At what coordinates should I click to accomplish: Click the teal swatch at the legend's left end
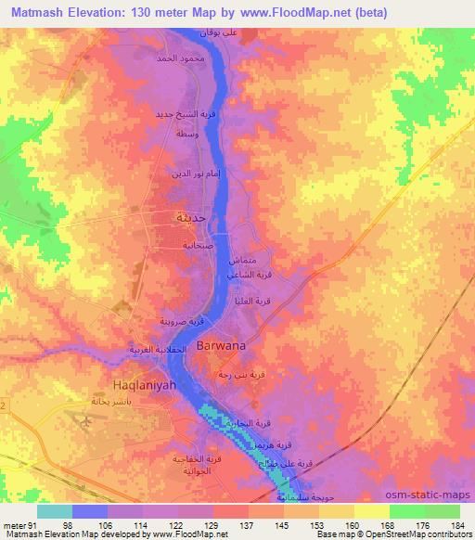coord(54,511)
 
